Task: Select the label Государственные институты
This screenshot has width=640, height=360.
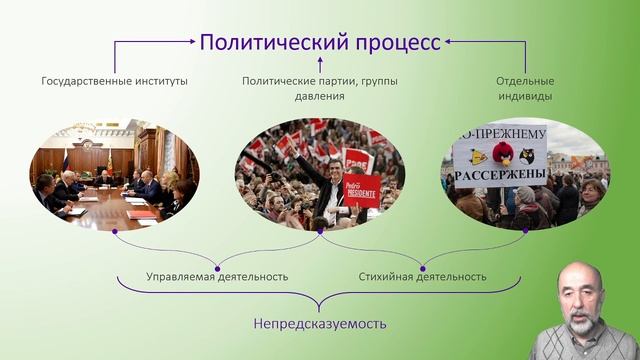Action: pyautogui.click(x=114, y=80)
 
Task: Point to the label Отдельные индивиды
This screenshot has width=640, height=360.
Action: pyautogui.click(x=524, y=88)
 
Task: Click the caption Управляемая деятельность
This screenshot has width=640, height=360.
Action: pyautogui.click(x=217, y=276)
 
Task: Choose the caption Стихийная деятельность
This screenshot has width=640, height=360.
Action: pyautogui.click(x=422, y=276)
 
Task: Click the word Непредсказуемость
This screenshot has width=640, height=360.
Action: pyautogui.click(x=320, y=324)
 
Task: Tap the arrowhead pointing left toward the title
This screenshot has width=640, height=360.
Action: pyautogui.click(x=449, y=43)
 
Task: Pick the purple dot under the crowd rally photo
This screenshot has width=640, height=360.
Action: pyautogui.click(x=320, y=231)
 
